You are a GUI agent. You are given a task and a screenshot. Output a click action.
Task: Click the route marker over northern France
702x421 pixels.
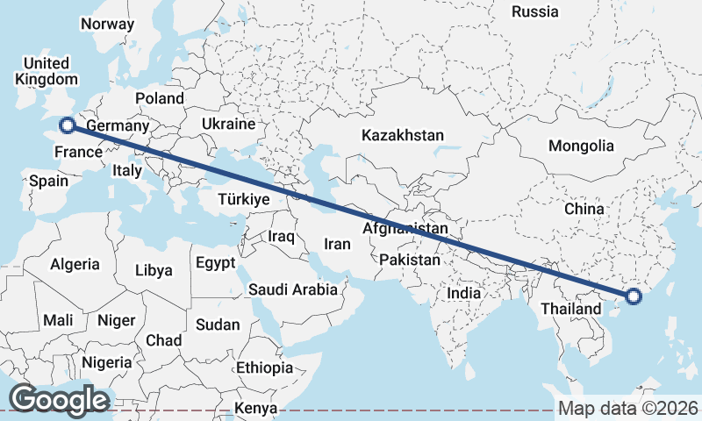point(67,125)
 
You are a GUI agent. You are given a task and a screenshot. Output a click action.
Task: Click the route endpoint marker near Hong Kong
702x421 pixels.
point(634,297)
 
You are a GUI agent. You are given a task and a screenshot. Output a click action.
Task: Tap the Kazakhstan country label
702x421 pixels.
point(403,136)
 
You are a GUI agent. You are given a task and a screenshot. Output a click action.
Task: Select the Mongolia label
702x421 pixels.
point(581,146)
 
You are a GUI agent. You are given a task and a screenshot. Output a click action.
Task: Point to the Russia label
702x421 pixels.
point(534,11)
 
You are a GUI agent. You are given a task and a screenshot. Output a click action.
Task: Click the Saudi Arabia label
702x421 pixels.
point(293,289)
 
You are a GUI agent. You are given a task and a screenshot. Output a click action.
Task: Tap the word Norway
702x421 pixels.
point(107,25)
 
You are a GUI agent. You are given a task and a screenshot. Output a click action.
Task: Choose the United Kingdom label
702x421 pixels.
point(46,71)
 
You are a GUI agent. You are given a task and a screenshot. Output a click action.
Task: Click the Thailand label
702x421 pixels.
point(570,309)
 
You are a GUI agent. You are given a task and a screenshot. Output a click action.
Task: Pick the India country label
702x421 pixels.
point(465,293)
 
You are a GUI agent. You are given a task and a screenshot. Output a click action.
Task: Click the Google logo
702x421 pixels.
point(58,399)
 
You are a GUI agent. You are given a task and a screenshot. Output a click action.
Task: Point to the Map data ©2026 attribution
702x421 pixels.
point(628,408)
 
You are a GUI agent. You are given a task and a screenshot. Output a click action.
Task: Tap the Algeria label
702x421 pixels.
point(75,264)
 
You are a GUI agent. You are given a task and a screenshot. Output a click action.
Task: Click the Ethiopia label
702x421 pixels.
point(264,367)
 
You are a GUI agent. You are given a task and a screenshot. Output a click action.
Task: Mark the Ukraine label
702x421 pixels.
point(228,125)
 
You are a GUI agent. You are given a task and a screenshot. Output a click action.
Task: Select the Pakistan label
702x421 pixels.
point(410,260)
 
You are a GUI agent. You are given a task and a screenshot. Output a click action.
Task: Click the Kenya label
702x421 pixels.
point(256,409)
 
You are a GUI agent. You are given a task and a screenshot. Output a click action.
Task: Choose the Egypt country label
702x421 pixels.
point(215,263)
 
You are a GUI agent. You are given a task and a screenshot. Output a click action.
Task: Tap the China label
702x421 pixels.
point(584,210)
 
